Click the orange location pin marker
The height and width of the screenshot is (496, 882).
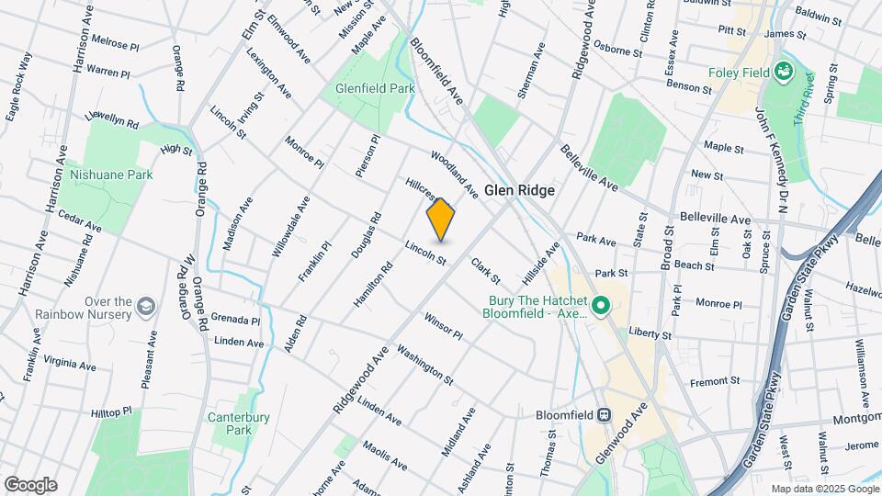pyautogui.click(x=441, y=220)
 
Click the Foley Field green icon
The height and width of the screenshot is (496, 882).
pyautogui.click(x=784, y=70)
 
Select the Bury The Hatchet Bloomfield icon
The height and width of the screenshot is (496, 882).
pyautogui.click(x=602, y=305)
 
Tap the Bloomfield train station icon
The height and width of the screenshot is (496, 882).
pyautogui.click(x=605, y=414)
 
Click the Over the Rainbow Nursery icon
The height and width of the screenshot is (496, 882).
pyautogui.click(x=146, y=304)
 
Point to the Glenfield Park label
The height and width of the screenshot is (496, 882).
pyautogui.click(x=375, y=88)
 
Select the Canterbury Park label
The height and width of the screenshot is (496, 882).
pyautogui.click(x=239, y=423)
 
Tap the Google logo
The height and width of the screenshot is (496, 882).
pyautogui.click(x=30, y=484)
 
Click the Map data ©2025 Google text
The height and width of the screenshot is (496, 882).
pyautogui.click(x=824, y=489)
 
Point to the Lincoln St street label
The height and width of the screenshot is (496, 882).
pyautogui.click(x=425, y=254)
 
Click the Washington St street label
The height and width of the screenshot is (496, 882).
pyautogui.click(x=424, y=365)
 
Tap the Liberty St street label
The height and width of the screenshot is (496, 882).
pyautogui.click(x=651, y=333)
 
